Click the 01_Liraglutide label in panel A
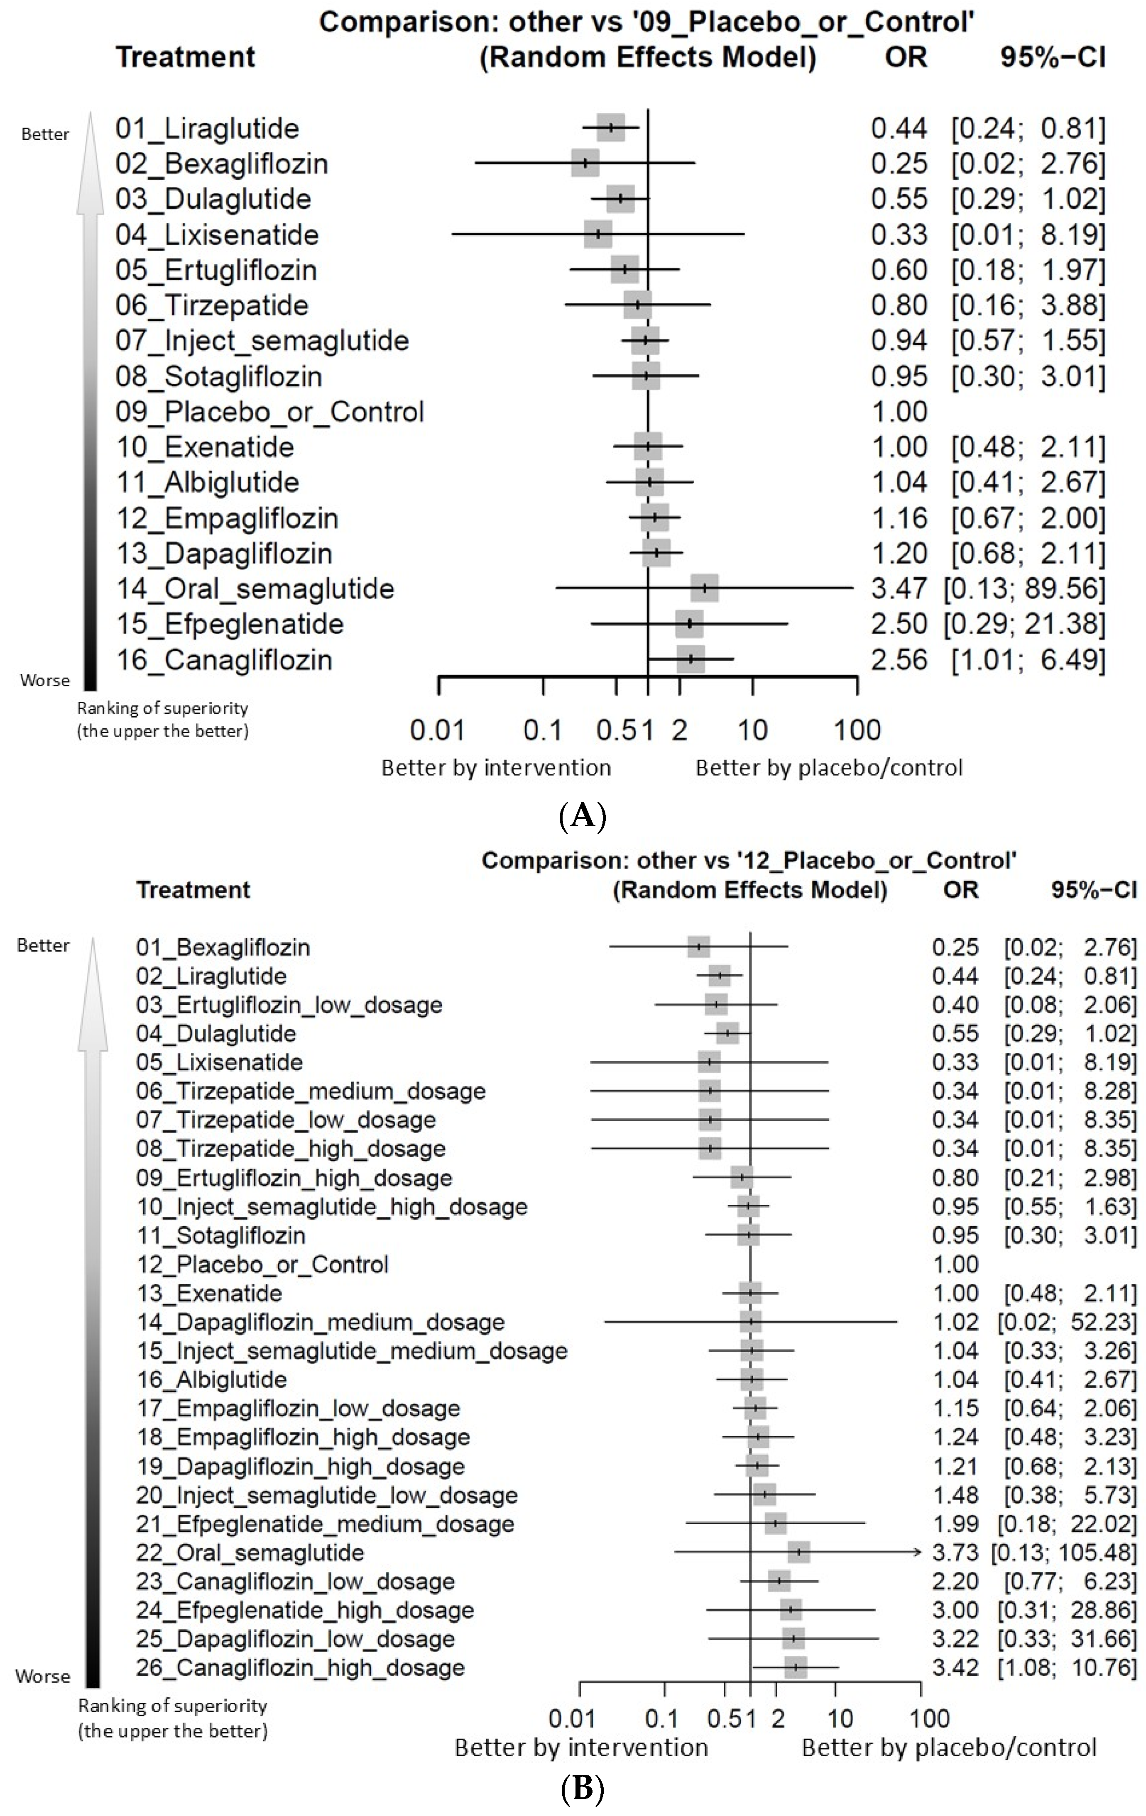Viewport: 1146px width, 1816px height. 208,129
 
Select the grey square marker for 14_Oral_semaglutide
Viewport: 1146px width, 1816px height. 705,588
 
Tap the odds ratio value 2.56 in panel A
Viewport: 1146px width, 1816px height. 899,660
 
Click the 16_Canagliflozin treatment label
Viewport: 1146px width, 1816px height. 224,660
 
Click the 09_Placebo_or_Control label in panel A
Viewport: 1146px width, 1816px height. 270,412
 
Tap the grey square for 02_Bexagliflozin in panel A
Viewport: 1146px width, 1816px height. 585,164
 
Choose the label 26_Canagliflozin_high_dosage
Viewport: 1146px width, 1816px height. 300,1667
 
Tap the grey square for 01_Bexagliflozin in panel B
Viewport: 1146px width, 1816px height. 699,947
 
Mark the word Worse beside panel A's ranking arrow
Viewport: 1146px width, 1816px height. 45,680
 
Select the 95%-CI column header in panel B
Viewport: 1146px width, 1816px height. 1093,890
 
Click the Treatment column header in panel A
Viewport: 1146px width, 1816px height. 186,57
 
